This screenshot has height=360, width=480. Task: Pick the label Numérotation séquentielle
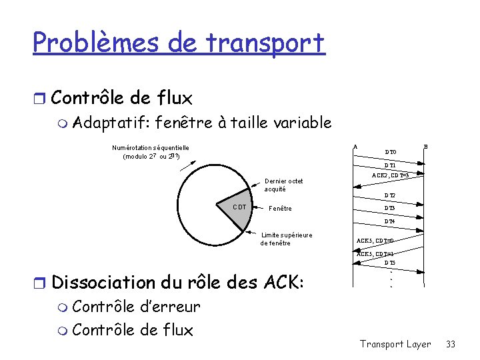[150, 147]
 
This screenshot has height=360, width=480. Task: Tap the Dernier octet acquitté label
[283, 185]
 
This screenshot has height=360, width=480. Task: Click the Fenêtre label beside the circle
[280, 209]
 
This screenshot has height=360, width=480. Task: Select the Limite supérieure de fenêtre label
[286, 239]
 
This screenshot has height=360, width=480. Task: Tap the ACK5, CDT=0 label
[375, 240]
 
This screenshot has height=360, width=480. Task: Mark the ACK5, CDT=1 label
[375, 254]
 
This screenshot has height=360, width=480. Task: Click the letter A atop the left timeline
[355, 147]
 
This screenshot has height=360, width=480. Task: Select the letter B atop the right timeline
[426, 147]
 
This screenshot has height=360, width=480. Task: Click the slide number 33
[451, 344]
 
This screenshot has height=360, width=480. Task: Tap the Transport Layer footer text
[395, 344]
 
